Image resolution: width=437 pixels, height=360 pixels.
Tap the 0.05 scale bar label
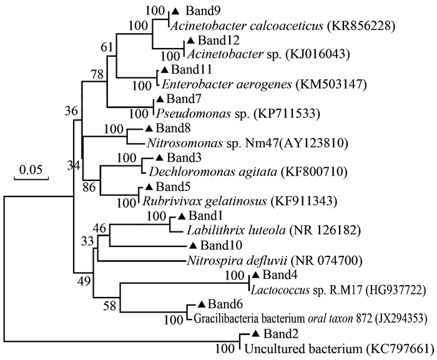tap(31, 170)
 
